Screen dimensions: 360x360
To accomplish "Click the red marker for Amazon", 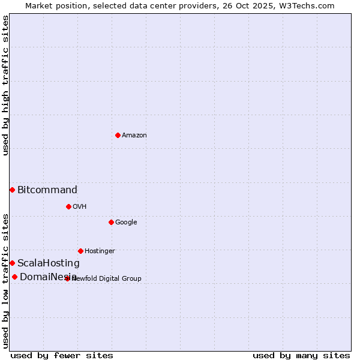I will point(118,135).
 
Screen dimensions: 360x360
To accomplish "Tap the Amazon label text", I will point(134,136).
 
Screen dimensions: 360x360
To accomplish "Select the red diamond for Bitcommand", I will point(12,190).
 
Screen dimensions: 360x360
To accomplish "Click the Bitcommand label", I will point(47,190).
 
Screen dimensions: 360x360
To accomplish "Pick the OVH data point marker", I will point(68,206).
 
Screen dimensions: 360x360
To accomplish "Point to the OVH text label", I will point(80,207).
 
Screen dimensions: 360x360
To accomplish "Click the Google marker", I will point(111,222).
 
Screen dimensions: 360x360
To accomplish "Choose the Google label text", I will point(126,223).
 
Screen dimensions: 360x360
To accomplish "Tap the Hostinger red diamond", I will point(80,251).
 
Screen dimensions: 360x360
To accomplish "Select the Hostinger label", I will point(100,251).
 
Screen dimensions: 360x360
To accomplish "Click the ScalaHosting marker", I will point(12,263).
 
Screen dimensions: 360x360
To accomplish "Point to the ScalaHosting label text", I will point(49,263).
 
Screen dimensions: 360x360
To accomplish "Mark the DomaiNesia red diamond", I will point(14,277).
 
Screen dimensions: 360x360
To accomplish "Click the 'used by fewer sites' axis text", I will point(62,356).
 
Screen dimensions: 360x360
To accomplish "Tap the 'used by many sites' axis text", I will point(301,356).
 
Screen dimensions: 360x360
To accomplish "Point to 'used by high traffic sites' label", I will point(6,85).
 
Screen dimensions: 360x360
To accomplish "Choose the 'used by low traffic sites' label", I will point(6,281).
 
